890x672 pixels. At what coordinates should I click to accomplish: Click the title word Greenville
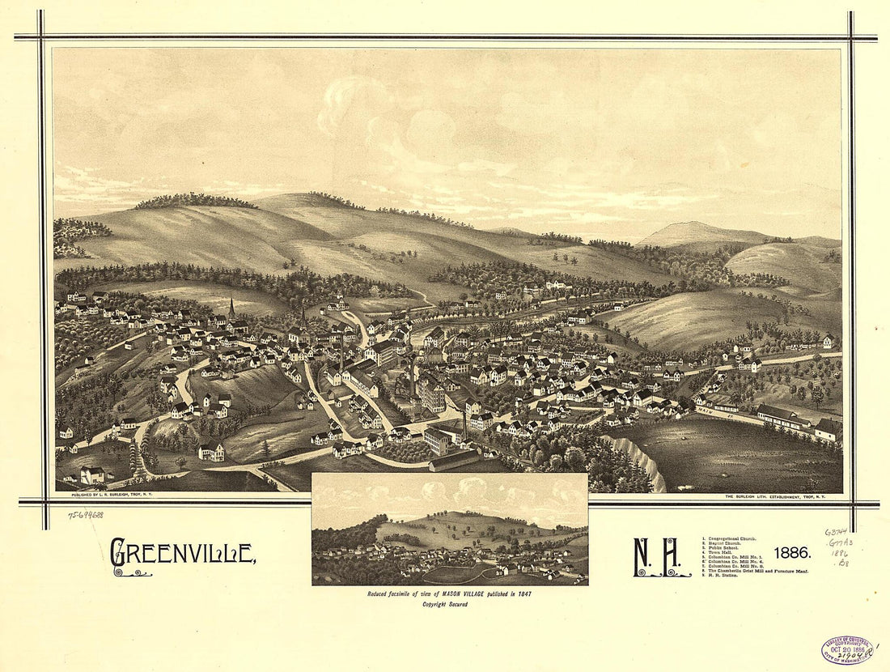click(182, 553)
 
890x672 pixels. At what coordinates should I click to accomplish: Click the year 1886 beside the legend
click(791, 553)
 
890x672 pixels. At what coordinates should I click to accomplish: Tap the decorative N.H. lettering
click(661, 556)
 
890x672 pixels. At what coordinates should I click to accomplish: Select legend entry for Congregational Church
click(732, 538)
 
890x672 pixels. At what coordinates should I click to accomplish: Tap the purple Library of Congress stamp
click(847, 649)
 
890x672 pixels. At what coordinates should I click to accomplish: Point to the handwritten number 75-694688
click(85, 514)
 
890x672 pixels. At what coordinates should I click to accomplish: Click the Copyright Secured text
click(449, 604)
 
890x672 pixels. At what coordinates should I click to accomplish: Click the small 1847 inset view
click(449, 529)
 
